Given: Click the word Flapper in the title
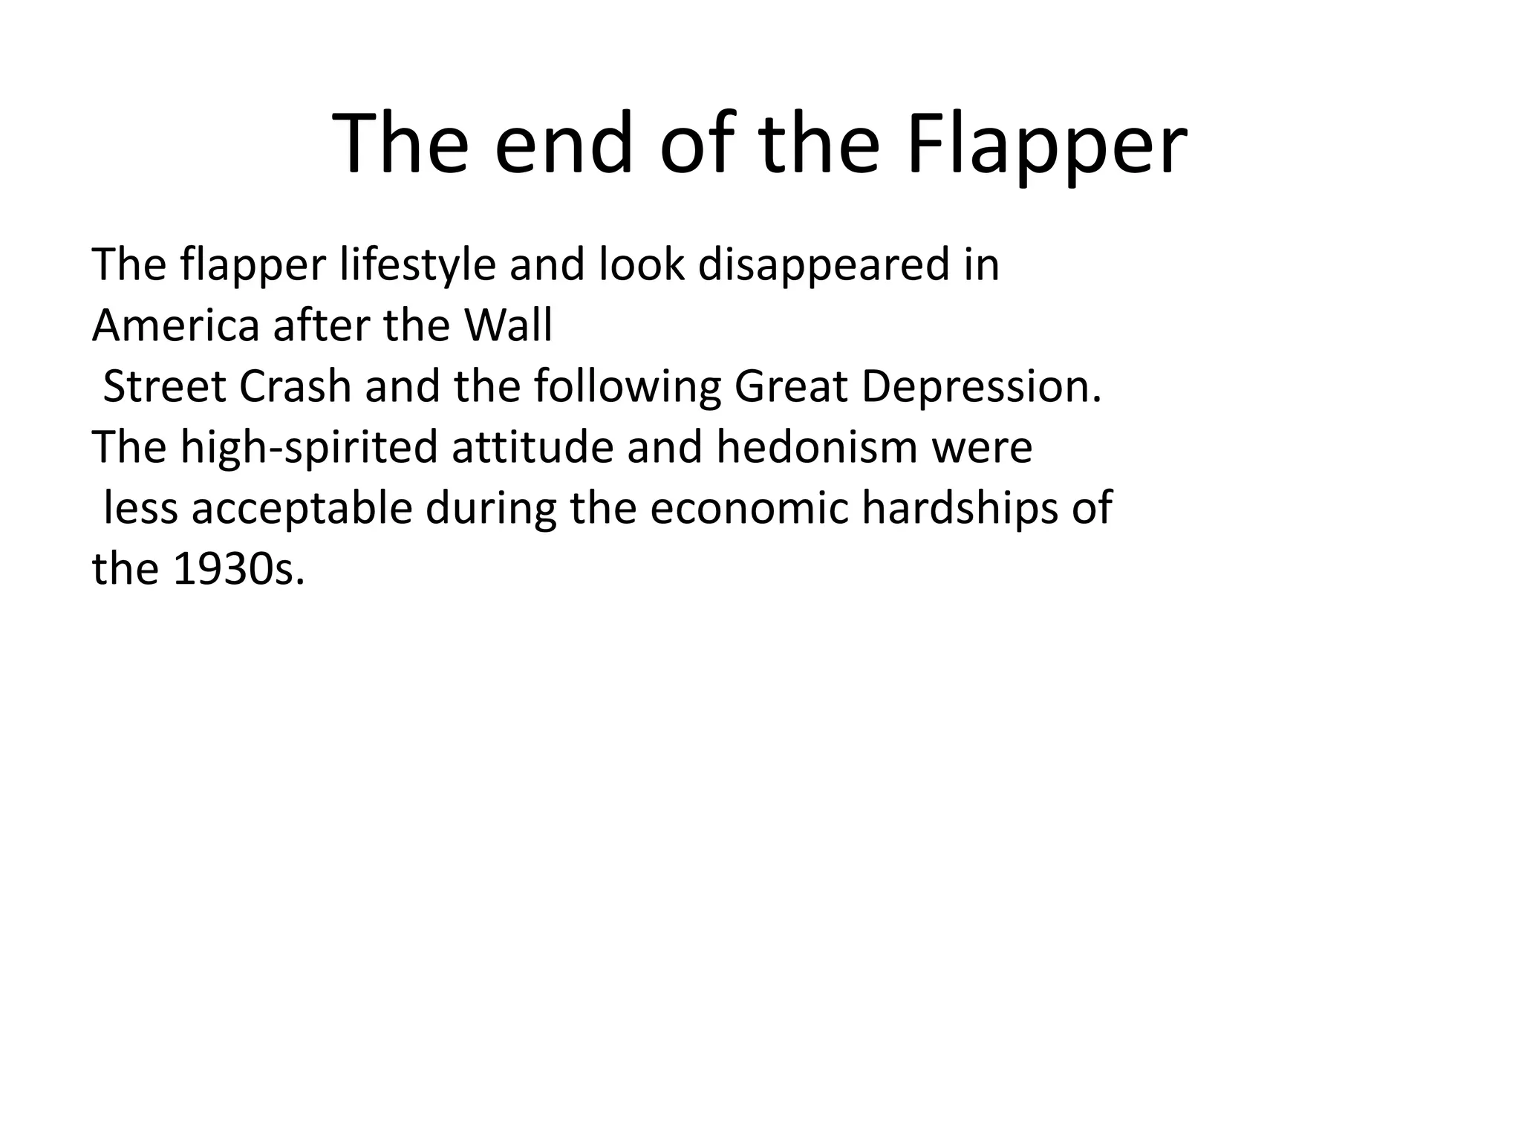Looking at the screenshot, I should pyautogui.click(x=1046, y=145).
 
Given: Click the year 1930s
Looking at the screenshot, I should pyautogui.click(x=238, y=570).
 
